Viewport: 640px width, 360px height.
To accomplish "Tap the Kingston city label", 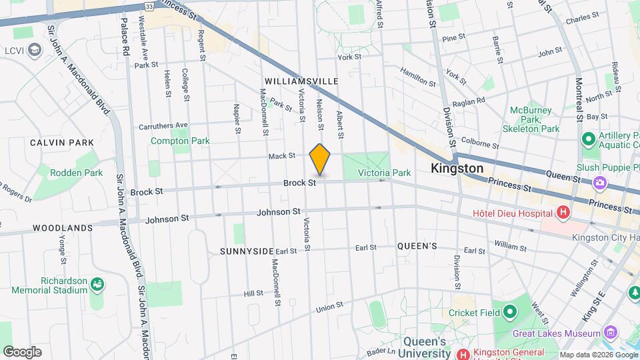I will [x=457, y=169].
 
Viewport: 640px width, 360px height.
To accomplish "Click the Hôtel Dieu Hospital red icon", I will [x=563, y=213].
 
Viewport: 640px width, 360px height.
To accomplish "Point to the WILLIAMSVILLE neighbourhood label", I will [x=301, y=81].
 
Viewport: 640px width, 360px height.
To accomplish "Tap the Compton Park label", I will [x=180, y=141].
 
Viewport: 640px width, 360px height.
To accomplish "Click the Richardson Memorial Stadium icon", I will [x=98, y=285].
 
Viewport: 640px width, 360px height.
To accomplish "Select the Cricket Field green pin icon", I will [x=510, y=312].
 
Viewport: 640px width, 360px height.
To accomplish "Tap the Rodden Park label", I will [x=76, y=173].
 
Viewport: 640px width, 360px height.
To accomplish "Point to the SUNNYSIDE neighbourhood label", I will [x=247, y=251].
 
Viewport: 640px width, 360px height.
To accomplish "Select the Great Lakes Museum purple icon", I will [x=611, y=333].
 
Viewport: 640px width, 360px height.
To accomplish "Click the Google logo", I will [x=22, y=351].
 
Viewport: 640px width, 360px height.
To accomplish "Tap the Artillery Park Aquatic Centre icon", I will [x=588, y=140].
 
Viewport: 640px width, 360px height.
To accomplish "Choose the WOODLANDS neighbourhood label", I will [x=62, y=228].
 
